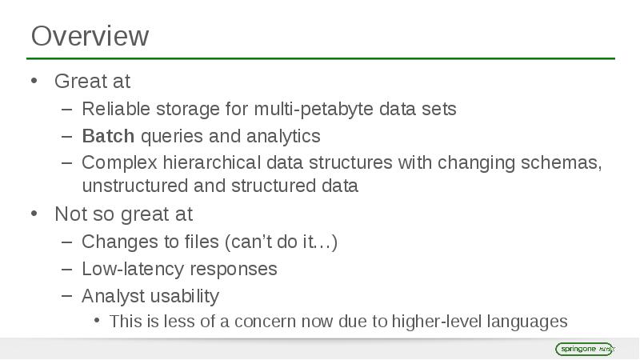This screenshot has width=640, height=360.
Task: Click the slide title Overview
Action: (90, 37)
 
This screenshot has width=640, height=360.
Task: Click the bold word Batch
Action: (108, 135)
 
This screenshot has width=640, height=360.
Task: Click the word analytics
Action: (283, 135)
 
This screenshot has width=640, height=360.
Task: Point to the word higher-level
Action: (438, 322)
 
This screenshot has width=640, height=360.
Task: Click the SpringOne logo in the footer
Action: (584, 349)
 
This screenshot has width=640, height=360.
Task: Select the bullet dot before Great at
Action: (34, 81)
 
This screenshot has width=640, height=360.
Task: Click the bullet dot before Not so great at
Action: (34, 214)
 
